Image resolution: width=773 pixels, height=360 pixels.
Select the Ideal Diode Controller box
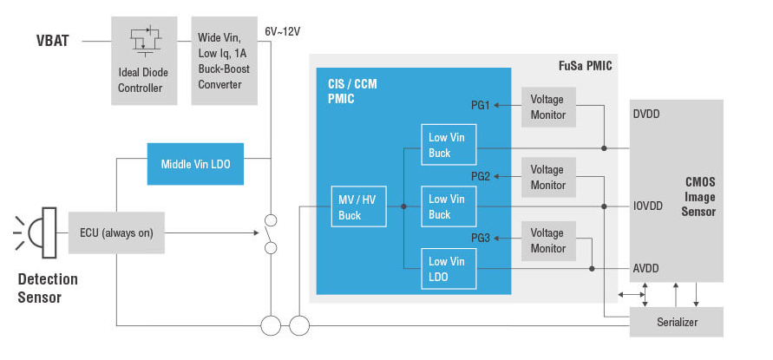point(144,61)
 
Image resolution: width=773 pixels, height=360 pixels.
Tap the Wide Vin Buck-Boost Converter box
point(224,61)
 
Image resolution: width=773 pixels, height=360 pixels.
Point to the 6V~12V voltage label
point(282,32)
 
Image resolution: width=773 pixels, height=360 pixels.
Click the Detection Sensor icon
point(39,232)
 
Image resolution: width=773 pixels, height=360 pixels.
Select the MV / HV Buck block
point(356,207)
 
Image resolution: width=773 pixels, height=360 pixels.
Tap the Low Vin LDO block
point(449,269)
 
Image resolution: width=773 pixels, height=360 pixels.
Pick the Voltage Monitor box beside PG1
point(547,107)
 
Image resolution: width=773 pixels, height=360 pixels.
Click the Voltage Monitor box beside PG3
point(547,240)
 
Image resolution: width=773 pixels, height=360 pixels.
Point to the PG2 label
point(481,176)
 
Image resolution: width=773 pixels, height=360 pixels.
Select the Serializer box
point(677,324)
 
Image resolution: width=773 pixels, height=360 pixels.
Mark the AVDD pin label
point(646,269)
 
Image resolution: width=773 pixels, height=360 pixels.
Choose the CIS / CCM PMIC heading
point(346,92)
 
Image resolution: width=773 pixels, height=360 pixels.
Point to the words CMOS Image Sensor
point(698,196)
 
